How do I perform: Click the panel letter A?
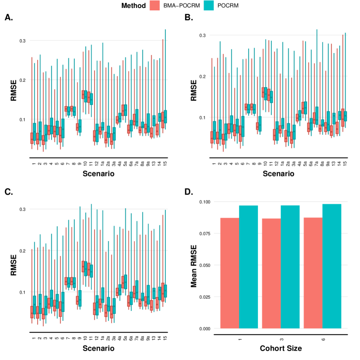coord(8,18)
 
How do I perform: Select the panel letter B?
coord(188,18)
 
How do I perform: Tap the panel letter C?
coord(8,190)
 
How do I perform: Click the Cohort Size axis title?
coord(280,348)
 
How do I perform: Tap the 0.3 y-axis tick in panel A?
coord(22,40)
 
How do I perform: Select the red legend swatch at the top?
coord(154,5)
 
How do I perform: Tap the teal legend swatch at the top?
coord(208,5)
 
